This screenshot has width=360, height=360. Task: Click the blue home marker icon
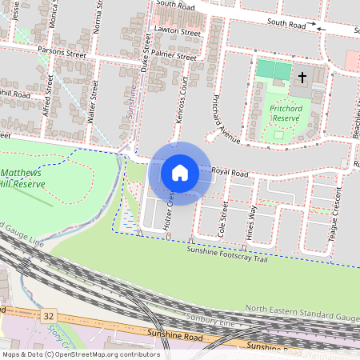click(180, 172)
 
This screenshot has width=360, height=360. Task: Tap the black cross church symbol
click(302, 78)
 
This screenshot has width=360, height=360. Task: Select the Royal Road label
click(230, 172)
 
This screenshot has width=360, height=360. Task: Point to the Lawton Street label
click(178, 33)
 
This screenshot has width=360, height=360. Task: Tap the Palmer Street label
click(175, 57)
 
